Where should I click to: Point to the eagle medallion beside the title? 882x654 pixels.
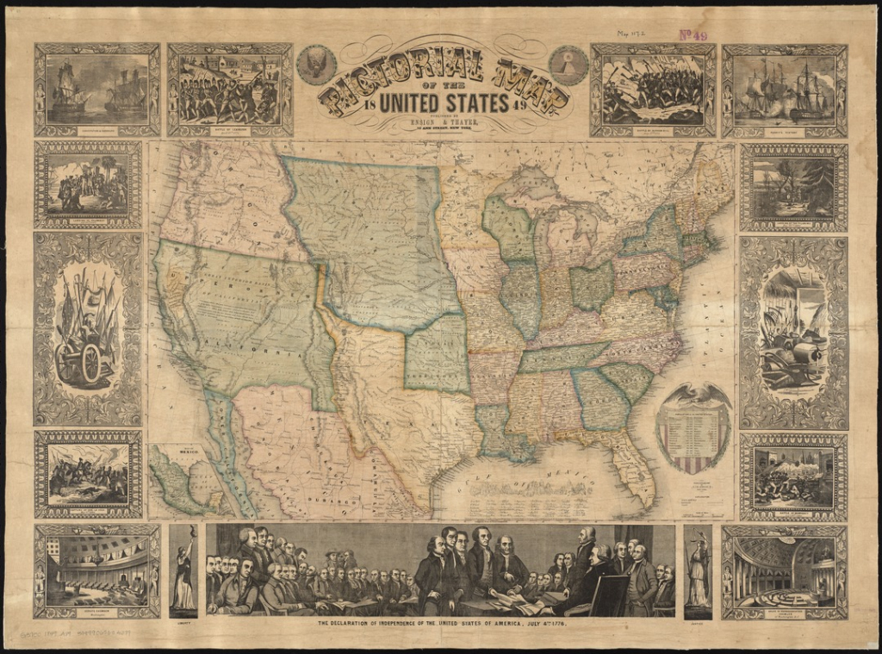pyautogui.click(x=316, y=65)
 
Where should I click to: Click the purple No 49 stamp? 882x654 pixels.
pyautogui.click(x=693, y=35)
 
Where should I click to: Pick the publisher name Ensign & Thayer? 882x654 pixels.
pyautogui.click(x=442, y=123)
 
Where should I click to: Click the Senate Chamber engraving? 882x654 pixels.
pyautogui.click(x=96, y=570)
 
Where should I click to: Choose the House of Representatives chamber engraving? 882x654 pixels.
pyautogui.click(x=784, y=570)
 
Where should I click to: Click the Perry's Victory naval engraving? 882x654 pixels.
pyautogui.click(x=784, y=90)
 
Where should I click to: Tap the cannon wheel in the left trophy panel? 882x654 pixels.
pyautogui.click(x=88, y=362)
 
